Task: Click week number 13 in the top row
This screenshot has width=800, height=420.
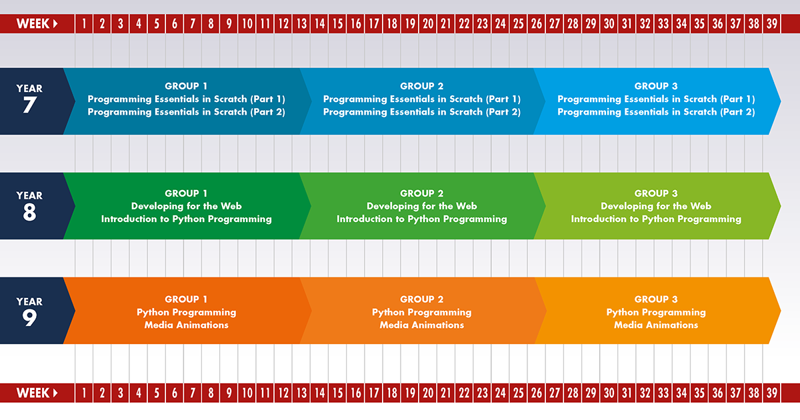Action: coord(301,24)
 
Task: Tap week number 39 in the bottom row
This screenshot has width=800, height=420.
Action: coord(771,393)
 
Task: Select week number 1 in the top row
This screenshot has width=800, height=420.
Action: coord(84,24)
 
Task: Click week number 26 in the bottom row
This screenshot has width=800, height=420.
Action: coord(536,393)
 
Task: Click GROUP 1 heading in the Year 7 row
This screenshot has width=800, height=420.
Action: coord(186,86)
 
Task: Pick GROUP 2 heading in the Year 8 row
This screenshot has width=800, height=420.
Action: coord(421,193)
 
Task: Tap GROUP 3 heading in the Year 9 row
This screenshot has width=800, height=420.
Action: coord(656,299)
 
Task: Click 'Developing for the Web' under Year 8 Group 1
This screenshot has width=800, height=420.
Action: coord(186,206)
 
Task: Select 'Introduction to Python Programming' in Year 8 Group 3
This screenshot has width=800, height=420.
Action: coord(656,219)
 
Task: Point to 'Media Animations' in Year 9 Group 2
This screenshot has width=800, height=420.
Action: coord(421,325)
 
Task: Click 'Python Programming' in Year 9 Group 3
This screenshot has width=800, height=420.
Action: coord(656,312)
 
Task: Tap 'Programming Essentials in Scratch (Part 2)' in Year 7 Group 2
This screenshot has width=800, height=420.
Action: coord(421,112)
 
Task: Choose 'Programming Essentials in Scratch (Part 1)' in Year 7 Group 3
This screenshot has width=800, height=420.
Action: coord(656,99)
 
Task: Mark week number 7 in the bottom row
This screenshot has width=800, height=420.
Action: coord(193,393)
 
